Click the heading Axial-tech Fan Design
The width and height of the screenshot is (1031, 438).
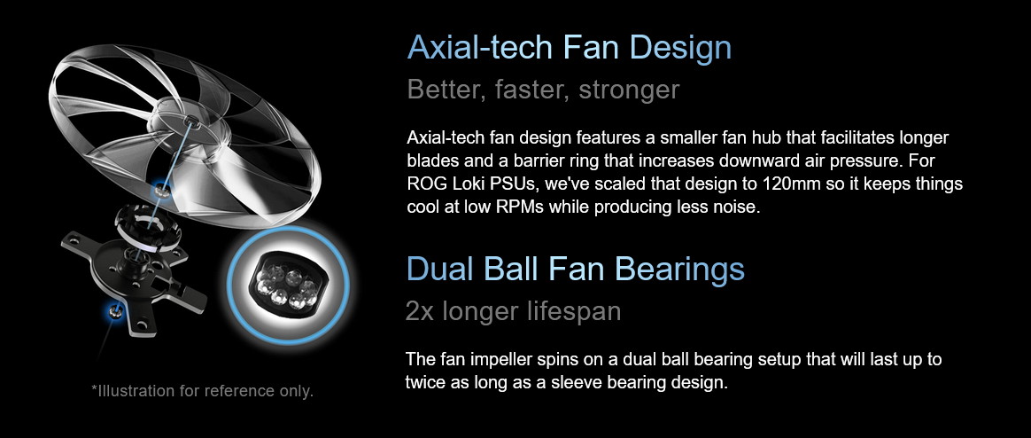pos(570,47)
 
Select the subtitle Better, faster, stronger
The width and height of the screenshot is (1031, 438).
pos(543,90)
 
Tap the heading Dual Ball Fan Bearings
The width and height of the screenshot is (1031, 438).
pos(576,269)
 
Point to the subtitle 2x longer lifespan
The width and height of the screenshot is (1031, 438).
pos(514,311)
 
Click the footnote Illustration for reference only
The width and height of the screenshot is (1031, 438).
pos(203,391)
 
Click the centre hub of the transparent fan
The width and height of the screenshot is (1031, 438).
pos(190,121)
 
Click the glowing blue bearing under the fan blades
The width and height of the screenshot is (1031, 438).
pos(159,191)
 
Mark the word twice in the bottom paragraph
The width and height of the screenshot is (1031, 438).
pos(425,383)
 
